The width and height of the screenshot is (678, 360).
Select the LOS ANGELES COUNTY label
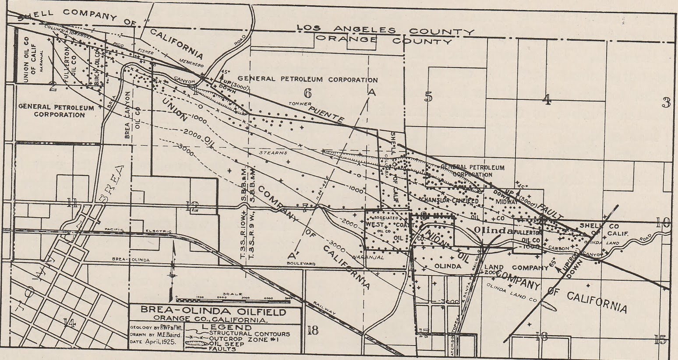point(385,30)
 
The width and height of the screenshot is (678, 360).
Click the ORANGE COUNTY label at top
point(384,40)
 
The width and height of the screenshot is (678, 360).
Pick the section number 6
point(307,93)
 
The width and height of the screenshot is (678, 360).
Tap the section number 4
point(546,100)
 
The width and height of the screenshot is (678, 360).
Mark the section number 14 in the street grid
point(69,324)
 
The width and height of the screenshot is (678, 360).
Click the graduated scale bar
point(226,300)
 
